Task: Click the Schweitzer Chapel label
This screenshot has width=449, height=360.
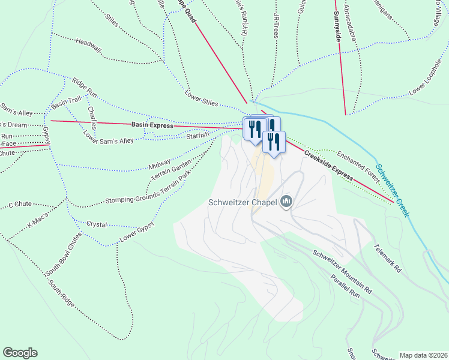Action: pos(243,202)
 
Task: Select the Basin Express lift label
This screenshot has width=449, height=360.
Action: pos(152,125)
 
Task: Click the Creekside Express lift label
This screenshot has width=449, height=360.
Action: pos(327,164)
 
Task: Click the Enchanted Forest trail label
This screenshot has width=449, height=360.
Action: pos(359,167)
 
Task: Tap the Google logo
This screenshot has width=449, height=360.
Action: pos(20,352)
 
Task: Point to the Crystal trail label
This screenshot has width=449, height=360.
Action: pos(97,224)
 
